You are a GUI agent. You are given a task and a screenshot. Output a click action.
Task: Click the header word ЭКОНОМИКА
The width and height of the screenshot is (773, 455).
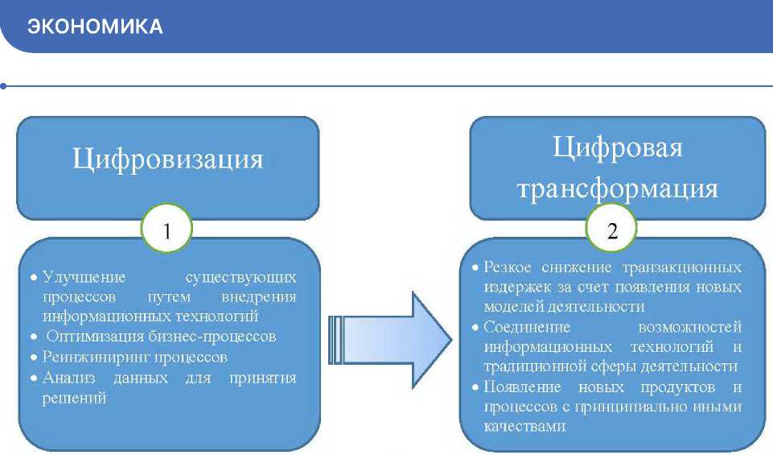pos(95,27)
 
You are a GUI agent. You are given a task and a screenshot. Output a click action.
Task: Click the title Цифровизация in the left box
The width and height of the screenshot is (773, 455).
pos(168,159)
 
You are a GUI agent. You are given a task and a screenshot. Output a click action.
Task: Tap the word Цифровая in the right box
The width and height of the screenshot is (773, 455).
pos(618,148)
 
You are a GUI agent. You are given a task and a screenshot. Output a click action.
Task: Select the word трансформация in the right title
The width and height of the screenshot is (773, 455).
pos(618,188)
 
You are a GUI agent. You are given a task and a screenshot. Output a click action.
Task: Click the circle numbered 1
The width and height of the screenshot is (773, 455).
pos(167,231)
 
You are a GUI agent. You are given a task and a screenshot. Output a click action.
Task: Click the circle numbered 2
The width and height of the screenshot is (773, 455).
pos(613,231)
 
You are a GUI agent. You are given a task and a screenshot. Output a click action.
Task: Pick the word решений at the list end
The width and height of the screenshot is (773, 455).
pos(75,398)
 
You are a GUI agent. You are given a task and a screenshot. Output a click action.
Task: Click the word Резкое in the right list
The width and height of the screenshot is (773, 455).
pos(508,267)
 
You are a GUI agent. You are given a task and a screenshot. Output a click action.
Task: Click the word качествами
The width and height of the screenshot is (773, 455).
pos(520,427)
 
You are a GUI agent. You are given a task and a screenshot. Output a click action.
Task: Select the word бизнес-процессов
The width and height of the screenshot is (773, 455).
pos(219,337)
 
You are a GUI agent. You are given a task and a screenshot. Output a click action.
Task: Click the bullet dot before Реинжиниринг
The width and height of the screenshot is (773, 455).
pos(34,358)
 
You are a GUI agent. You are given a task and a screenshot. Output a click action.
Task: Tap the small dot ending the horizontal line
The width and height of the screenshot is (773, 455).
pos(4,85)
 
